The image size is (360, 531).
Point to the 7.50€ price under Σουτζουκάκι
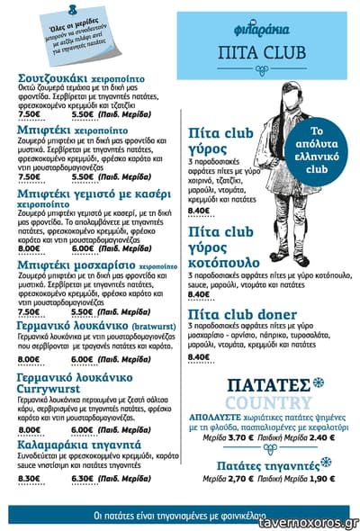tap(30, 114)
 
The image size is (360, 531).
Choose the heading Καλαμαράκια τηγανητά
tap(78, 445)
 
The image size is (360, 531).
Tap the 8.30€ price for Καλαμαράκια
tap(30, 477)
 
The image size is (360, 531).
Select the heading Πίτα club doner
tap(241, 312)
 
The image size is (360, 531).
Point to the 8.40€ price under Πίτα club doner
tap(199, 356)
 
